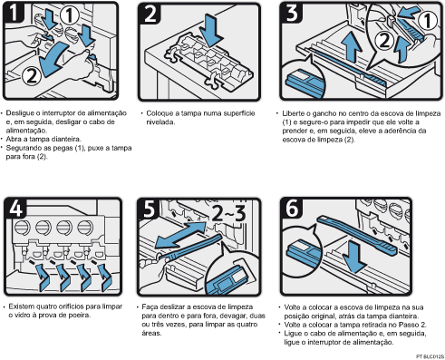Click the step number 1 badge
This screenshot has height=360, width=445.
coord(14,12)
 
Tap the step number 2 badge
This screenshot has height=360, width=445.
coord(150,14)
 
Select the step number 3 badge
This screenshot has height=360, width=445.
coord(292,13)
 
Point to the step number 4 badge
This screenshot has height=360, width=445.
coord(15,208)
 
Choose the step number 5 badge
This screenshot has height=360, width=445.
coord(149,209)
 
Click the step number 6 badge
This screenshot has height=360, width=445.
coord(292,208)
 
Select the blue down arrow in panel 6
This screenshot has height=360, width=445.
coord(354,258)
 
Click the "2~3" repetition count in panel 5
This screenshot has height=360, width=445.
coord(228,213)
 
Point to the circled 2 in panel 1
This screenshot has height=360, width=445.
coord(32,76)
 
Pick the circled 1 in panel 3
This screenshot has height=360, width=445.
coord(427,21)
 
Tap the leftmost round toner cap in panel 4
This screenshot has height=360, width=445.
coord(23,229)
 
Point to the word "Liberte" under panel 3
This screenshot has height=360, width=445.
coord(293,113)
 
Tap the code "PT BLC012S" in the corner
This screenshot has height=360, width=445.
coord(430,356)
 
